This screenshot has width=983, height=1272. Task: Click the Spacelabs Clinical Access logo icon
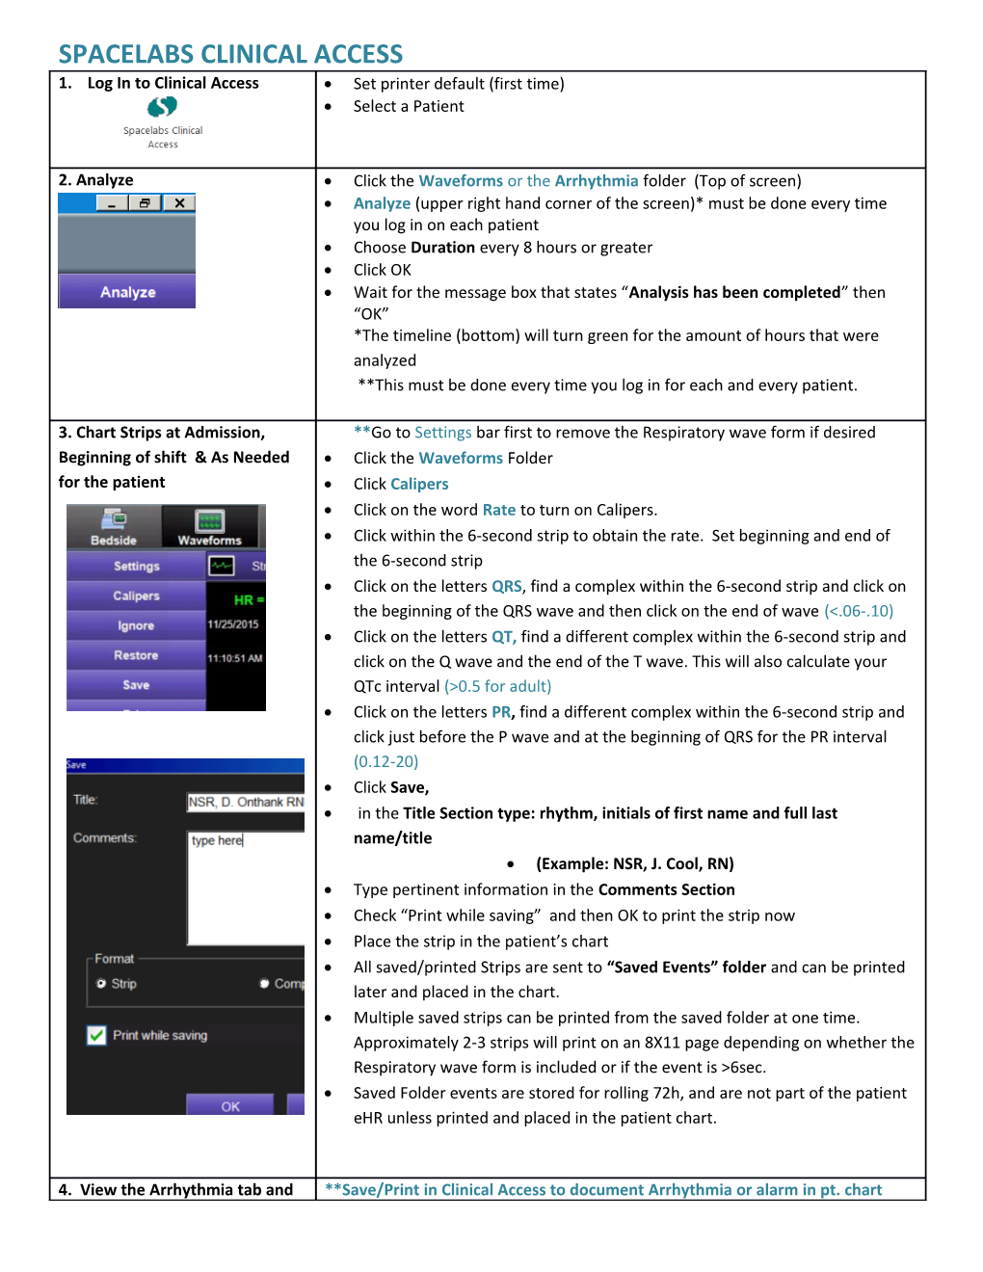tap(162, 107)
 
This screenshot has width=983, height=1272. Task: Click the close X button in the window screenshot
tap(179, 203)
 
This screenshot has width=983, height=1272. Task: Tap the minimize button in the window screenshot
tap(112, 203)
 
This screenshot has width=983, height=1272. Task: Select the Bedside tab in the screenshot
tap(114, 527)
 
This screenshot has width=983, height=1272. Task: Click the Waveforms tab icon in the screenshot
tap(210, 521)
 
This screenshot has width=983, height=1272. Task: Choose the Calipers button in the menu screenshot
tap(136, 596)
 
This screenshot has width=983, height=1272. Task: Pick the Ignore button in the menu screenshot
tap(136, 626)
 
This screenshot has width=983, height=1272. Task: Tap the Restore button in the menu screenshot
tap(136, 656)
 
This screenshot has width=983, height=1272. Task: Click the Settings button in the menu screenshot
tap(136, 567)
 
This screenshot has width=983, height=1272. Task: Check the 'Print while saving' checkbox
tap(97, 1036)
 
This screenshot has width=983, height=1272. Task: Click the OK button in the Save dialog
tap(230, 1106)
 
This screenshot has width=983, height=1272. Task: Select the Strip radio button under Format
tap(101, 984)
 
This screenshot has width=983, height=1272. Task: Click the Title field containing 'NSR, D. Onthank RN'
tap(246, 802)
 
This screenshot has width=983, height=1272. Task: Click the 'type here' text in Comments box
tap(217, 841)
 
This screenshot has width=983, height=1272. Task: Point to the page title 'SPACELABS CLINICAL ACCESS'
tap(230, 54)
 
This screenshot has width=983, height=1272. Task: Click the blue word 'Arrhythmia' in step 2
tap(597, 181)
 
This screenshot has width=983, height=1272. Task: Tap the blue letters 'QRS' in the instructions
tap(507, 587)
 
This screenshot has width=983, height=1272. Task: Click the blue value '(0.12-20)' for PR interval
tap(385, 762)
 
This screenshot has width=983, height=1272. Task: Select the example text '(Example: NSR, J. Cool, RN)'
tap(635, 864)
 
